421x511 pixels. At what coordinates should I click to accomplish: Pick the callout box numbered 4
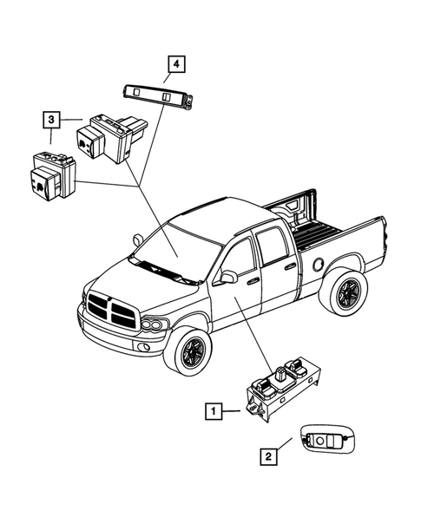176,63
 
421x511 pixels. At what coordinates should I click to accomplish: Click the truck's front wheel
187,352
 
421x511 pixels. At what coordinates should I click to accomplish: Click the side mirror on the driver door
229,277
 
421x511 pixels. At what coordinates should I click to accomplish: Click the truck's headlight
155,325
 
